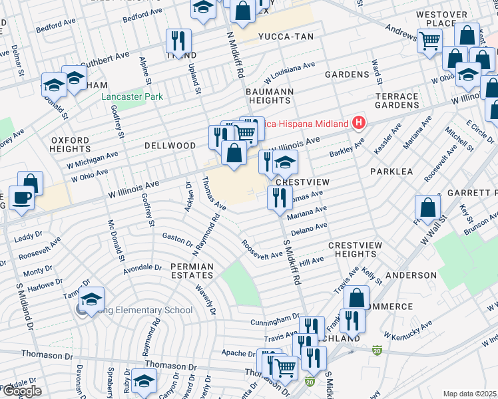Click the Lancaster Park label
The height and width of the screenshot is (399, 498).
point(132,97)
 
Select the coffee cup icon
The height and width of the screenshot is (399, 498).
point(21,199)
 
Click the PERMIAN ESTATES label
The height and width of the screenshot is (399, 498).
point(192,271)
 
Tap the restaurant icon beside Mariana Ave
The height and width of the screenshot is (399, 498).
point(279,197)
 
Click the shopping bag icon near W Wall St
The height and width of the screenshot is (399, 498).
point(429,207)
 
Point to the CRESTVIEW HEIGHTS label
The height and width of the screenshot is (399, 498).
point(356,249)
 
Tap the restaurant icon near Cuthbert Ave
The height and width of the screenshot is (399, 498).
point(178,41)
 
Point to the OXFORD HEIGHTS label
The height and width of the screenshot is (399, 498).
point(70,145)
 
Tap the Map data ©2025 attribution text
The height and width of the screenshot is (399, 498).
point(470,394)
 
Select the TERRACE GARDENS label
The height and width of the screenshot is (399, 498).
point(397,100)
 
